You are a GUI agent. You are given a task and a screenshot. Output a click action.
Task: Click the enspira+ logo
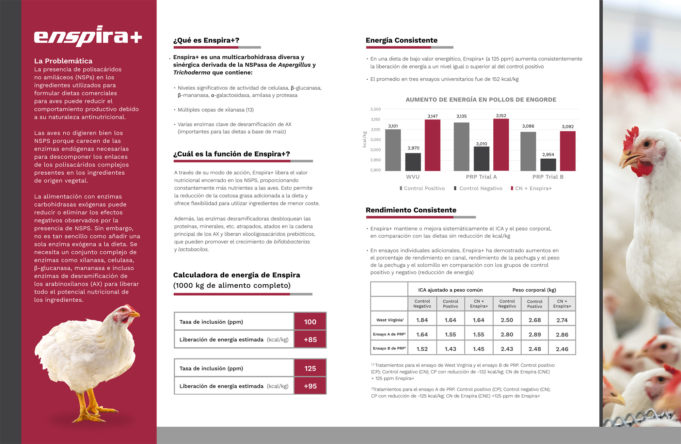tap(88, 36)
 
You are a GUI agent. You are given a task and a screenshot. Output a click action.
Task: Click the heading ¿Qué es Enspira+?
tap(206, 41)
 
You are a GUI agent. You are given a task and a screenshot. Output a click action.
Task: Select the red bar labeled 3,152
tap(501, 144)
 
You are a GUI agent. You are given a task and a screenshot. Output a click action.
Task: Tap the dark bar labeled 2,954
tap(548, 164)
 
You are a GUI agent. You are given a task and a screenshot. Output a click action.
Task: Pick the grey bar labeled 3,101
tap(393, 150)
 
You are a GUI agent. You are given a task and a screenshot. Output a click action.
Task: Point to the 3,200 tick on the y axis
tap(375, 109)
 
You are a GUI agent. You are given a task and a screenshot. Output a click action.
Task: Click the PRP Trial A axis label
tap(481, 177)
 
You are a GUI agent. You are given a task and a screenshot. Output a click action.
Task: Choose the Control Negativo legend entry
tap(480, 188)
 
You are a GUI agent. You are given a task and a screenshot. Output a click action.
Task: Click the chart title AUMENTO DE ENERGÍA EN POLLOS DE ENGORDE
tap(481, 100)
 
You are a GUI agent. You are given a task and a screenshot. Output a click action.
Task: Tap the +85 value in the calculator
tap(310, 339)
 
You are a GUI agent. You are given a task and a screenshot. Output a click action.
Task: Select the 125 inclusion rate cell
tap(310, 368)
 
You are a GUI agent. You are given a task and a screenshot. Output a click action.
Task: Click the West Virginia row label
tap(390, 320)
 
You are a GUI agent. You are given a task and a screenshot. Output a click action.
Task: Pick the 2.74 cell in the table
tap(562, 320)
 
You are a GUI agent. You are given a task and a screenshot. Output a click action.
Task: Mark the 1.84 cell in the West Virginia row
tap(422, 320)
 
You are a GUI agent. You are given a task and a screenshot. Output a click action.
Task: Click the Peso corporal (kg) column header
tap(534, 290)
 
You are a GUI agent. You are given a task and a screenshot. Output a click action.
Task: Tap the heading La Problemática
tap(63, 61)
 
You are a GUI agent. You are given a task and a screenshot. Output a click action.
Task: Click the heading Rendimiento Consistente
tap(411, 210)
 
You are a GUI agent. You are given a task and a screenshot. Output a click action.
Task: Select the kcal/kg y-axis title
tap(365, 139)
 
